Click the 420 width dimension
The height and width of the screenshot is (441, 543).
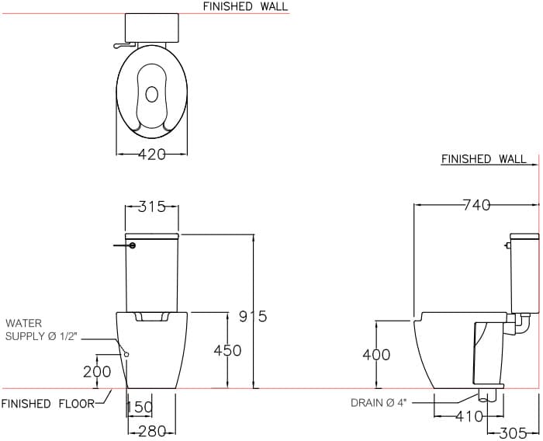click(x=152, y=155)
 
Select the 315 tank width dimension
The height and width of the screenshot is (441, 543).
click(x=152, y=207)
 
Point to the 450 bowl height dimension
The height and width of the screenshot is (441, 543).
click(x=227, y=351)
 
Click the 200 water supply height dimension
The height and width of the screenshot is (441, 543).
click(x=97, y=372)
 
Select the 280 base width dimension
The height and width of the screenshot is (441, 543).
click(x=151, y=432)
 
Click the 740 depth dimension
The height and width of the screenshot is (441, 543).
click(x=476, y=205)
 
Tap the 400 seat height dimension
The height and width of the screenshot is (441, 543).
click(x=376, y=355)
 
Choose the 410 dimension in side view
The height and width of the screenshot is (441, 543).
click(x=469, y=417)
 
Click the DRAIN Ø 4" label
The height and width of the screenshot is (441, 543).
click(x=379, y=403)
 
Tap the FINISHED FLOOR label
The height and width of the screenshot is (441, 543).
click(x=47, y=403)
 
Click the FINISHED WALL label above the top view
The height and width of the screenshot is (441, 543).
click(x=245, y=6)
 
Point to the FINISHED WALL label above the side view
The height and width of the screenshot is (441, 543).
click(x=483, y=159)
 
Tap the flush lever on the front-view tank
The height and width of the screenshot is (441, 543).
click(x=123, y=246)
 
